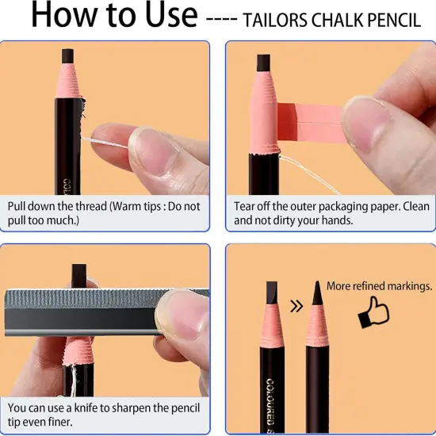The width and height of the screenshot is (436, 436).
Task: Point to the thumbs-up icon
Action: click(373, 312)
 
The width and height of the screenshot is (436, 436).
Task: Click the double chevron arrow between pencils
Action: click(296, 306)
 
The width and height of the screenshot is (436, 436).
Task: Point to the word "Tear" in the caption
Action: click(245, 206)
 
